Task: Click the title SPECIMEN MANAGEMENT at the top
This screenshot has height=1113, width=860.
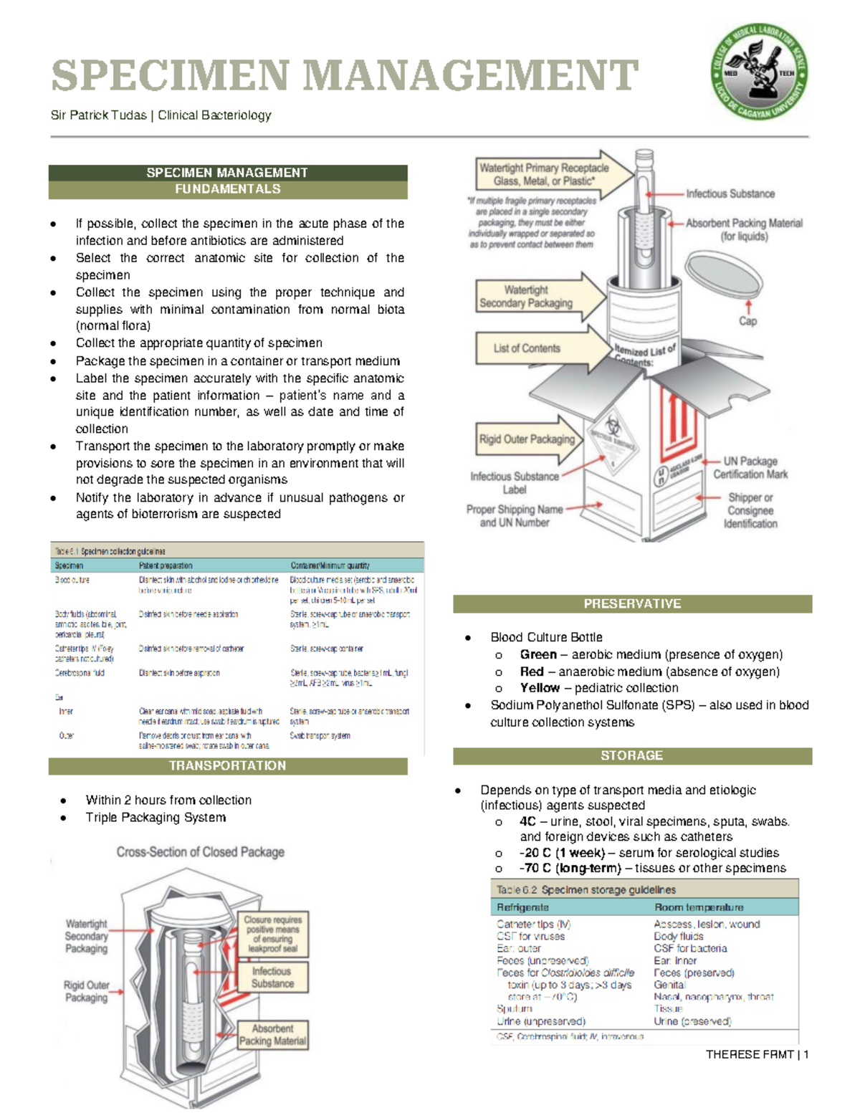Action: (344, 76)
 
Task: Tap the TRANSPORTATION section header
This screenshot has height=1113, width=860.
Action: (227, 766)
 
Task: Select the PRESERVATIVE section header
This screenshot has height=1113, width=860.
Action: (632, 604)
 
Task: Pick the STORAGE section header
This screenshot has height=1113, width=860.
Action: (632, 756)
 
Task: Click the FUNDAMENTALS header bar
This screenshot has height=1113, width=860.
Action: (227, 189)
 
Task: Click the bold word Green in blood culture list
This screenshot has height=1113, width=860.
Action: (538, 654)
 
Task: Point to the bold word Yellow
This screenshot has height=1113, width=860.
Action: (540, 688)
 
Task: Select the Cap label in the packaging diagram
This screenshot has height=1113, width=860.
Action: (747, 321)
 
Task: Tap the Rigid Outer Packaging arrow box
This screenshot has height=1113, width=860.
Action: (527, 439)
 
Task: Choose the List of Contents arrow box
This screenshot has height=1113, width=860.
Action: (527, 348)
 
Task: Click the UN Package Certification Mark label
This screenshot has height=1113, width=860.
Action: (750, 468)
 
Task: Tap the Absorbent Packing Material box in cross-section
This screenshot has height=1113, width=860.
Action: (272, 1035)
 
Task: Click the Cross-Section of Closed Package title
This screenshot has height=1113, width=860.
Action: (201, 852)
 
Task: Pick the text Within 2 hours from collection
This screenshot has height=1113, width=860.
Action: (168, 800)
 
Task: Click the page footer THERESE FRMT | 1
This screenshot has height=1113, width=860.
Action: (757, 1054)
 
